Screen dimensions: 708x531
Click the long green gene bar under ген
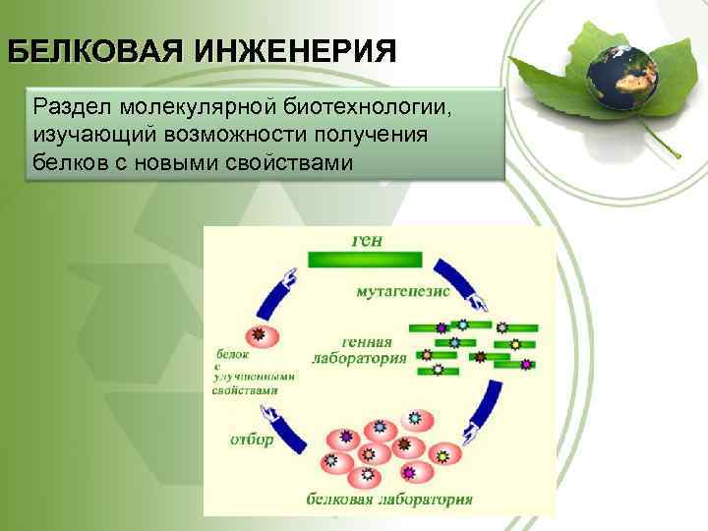click(x=364, y=260)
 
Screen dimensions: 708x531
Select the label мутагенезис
click(x=403, y=292)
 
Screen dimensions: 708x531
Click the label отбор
click(x=253, y=440)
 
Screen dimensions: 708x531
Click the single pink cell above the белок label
click(x=259, y=336)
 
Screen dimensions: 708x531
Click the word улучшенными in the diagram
click(x=255, y=375)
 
